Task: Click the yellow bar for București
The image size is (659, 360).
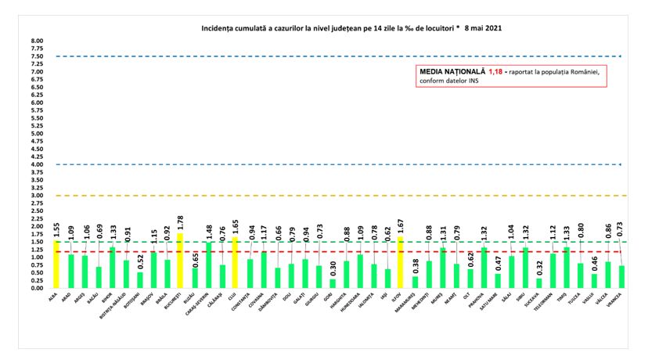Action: pos(180,261)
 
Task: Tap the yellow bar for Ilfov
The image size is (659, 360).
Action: pos(401,263)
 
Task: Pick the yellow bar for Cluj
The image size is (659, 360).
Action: pos(235,263)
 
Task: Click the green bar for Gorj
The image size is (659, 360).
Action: pos(333,283)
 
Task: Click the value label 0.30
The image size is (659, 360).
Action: pos(333,268)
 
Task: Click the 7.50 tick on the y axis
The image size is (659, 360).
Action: pos(37,56)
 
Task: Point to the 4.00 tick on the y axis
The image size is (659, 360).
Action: pos(37,164)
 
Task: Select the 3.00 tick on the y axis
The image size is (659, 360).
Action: pos(37,196)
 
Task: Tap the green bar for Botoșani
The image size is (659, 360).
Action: pos(139,280)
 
